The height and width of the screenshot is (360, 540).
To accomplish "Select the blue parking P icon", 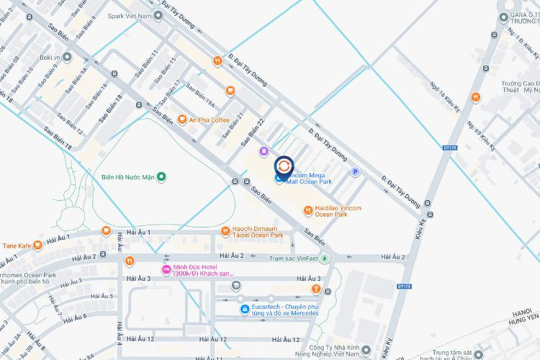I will tap(354, 171).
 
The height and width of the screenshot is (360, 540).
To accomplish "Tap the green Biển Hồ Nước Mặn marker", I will tap(162, 176).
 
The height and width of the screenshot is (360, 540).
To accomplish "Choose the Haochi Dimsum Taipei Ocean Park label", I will tap(257, 232).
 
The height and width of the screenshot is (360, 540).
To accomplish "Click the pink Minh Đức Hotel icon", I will tap(166, 270).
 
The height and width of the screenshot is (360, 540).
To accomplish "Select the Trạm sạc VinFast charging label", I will tap(294, 258).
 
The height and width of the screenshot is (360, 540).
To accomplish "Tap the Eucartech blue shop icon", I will tap(245, 310).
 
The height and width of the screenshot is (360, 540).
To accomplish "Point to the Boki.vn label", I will tap(51, 56).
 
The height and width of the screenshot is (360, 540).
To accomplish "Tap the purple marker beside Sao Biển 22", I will tap(264, 151).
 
